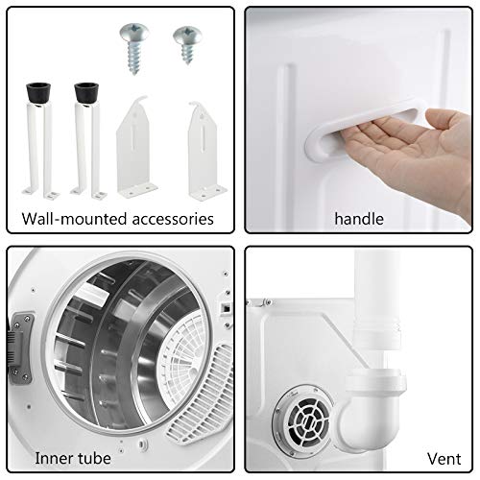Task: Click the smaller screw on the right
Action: pyautogui.click(x=184, y=42)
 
